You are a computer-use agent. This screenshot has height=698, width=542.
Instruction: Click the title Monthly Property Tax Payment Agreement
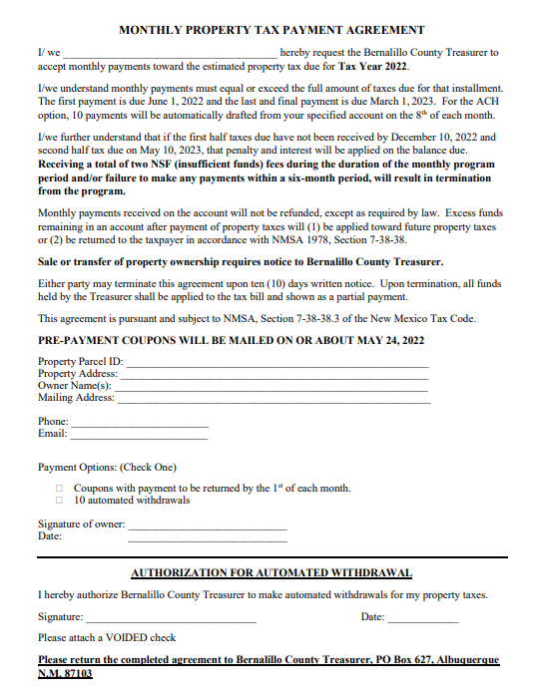click(271, 31)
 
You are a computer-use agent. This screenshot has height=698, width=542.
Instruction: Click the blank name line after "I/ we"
click(170, 51)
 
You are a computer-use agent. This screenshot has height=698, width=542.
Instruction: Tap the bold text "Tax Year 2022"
click(373, 66)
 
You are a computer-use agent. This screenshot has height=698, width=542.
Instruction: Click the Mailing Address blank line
click(272, 398)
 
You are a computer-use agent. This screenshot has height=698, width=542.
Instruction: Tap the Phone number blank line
click(141, 422)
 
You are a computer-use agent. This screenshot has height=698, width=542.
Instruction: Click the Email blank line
click(140, 434)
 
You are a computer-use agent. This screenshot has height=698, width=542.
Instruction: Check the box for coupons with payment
click(60, 489)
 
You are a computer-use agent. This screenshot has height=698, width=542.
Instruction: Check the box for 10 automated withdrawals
click(60, 501)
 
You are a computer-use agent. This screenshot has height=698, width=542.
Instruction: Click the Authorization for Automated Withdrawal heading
click(271, 573)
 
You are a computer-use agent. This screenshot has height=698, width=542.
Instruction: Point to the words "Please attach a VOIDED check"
click(107, 638)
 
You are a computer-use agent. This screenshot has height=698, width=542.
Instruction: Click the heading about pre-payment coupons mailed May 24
click(231, 341)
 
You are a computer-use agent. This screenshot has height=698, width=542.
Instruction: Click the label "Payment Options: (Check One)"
click(107, 468)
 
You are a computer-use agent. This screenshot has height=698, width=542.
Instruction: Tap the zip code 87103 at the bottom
click(78, 674)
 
